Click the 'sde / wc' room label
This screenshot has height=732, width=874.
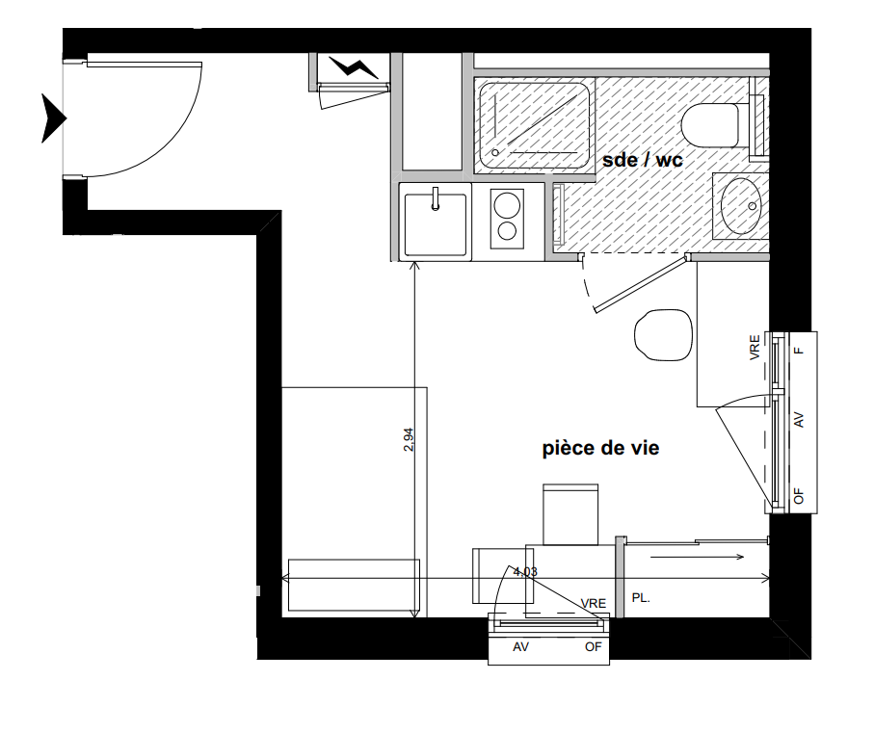point(642,161)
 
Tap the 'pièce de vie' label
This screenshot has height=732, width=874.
point(601,449)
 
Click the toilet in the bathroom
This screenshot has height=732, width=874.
point(710,125)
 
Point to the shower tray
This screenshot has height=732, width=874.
point(534,126)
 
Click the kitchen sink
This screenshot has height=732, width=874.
point(436,224)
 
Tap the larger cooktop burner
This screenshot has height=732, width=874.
point(507,204)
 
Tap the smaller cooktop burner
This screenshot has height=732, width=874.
point(507,230)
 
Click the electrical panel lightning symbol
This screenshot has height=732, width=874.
point(354,67)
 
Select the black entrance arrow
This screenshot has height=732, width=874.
point(54,118)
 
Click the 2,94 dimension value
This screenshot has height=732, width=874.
point(409,439)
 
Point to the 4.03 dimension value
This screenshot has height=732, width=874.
point(525,571)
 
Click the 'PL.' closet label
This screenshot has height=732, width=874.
point(641,598)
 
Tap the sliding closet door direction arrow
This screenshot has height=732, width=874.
point(698,557)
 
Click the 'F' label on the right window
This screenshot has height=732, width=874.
point(799,351)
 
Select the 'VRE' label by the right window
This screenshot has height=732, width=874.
point(755,347)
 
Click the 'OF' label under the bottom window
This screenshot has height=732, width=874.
point(593,647)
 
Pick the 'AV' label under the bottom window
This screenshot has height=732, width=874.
point(520,647)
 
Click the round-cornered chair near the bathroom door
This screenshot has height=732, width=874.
point(663,335)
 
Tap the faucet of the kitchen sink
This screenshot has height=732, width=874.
point(436,198)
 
